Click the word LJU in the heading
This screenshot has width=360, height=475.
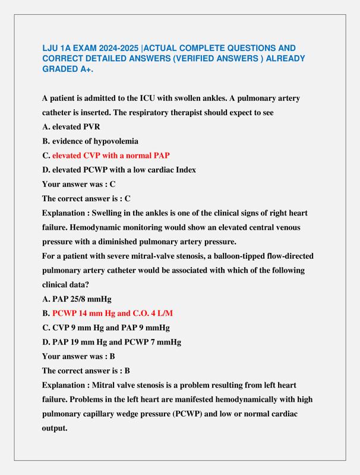[50, 47]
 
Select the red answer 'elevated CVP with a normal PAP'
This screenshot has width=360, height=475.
[111, 155]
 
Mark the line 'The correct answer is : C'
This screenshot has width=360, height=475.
[86, 198]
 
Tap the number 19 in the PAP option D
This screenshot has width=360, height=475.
[75, 342]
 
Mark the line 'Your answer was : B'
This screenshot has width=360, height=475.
[78, 356]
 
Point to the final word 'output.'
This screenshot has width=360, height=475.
[55, 427]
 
